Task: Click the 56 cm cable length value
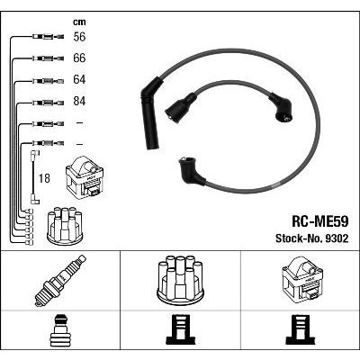[79, 37]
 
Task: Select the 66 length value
[79, 58]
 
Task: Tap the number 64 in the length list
[79, 79]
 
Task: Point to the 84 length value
[79, 101]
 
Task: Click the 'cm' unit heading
[79, 22]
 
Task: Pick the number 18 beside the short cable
[44, 178]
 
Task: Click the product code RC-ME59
[319, 222]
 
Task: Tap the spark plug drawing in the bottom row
[60, 280]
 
